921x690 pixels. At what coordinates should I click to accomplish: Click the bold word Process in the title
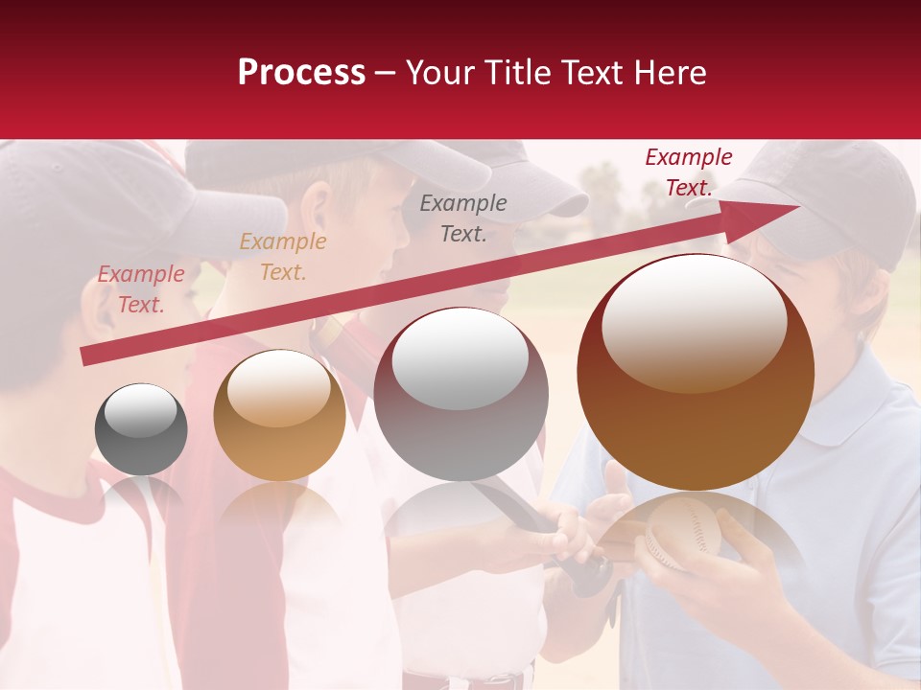(x=301, y=73)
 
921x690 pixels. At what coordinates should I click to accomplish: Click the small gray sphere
(x=141, y=429)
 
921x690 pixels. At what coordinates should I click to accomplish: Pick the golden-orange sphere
(x=279, y=415)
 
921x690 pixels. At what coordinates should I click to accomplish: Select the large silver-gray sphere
(x=461, y=393)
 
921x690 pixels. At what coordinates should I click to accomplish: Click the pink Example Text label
(x=141, y=289)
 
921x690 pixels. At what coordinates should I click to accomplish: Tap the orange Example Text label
(x=283, y=257)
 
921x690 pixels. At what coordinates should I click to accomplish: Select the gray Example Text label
(x=463, y=218)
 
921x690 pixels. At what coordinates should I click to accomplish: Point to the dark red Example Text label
(x=689, y=172)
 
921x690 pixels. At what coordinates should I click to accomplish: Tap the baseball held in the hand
(x=682, y=530)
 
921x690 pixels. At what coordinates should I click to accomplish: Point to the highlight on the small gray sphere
(x=140, y=411)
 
